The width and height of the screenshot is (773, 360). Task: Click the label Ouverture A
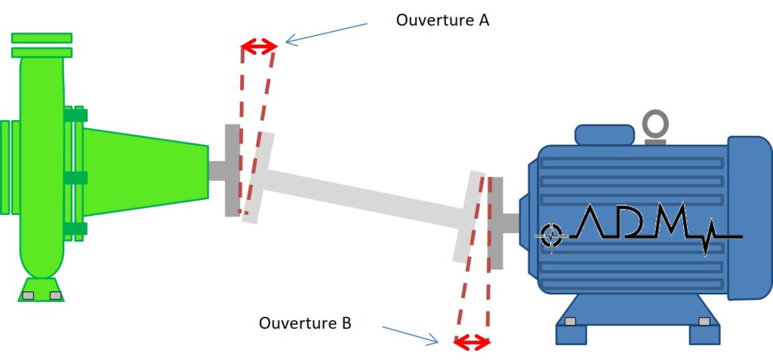(x=442, y=20)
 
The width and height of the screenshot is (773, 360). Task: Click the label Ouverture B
(x=305, y=324)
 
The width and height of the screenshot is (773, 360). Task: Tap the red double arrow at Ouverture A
(x=259, y=48)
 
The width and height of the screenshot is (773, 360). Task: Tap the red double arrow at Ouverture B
(x=472, y=343)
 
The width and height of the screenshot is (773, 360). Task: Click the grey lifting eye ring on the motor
(x=654, y=122)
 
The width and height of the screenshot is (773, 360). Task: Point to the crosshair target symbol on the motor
(x=552, y=235)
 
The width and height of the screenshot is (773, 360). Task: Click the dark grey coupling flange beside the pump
(x=232, y=170)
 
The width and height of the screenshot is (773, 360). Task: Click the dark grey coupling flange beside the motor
(x=497, y=223)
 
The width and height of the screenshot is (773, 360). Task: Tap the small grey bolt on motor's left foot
(x=570, y=322)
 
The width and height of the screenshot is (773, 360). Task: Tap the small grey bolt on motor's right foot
(x=704, y=322)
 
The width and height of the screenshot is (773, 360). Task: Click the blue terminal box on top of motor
(x=604, y=135)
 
